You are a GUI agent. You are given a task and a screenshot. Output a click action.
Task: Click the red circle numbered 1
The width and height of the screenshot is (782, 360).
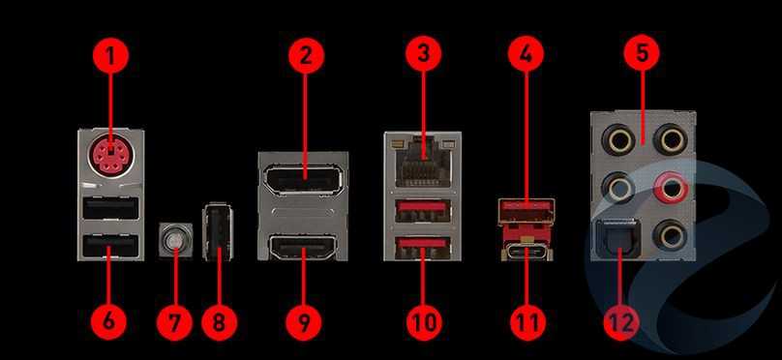tap(110, 55)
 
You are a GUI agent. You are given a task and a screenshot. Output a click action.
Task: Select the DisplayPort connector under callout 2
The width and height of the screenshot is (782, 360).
tap(303, 177)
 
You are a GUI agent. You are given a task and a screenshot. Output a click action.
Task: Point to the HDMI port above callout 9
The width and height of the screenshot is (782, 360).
tap(303, 247)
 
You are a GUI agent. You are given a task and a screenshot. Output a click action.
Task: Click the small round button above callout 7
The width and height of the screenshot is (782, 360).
tap(174, 240)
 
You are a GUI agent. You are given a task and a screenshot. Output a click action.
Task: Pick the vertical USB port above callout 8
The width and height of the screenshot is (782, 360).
tap(218, 231)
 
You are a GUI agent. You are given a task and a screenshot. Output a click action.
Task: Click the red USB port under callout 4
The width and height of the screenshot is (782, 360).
tap(526, 209)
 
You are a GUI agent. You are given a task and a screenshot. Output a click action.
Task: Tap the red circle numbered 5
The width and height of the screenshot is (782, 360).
tap(642, 53)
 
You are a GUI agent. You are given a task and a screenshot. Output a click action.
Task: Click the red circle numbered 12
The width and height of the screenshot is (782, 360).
tap(621, 321)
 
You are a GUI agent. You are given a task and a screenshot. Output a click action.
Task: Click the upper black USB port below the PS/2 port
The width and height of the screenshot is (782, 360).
tap(109, 208)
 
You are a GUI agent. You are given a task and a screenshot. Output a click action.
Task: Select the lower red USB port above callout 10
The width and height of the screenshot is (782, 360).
tap(423, 248)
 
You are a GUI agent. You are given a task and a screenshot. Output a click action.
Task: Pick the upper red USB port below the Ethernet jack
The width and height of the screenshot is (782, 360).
tap(423, 210)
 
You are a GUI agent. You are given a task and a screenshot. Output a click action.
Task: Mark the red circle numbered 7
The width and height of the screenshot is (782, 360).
tap(174, 321)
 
